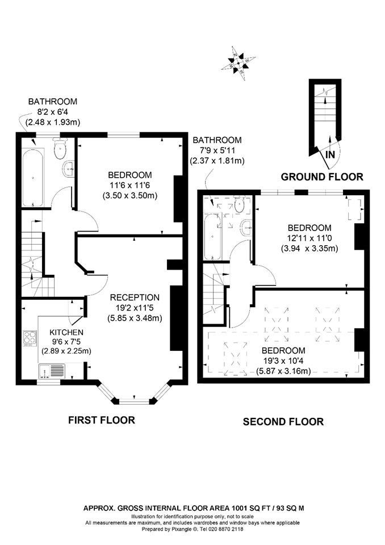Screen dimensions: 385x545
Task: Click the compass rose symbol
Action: [x=239, y=63]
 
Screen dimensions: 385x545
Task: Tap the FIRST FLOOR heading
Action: [x=101, y=420]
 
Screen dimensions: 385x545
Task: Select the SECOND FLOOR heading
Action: [x=283, y=422]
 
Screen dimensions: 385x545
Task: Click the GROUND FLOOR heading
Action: [x=322, y=177]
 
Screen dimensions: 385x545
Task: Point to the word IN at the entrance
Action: [x=330, y=154]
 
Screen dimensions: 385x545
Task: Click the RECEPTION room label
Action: [x=135, y=297]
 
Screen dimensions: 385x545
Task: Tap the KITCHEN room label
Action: [x=66, y=332]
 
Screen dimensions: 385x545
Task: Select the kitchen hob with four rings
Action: [x=30, y=338]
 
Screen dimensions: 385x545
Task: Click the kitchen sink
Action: [x=52, y=371]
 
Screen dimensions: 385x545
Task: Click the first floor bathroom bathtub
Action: [x=33, y=178]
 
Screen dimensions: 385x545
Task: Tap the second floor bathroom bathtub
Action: [x=212, y=237]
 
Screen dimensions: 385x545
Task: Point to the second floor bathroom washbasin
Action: [x=246, y=228]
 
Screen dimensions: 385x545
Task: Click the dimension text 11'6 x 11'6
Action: [x=130, y=185]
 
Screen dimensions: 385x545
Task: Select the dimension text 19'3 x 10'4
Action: [x=283, y=361]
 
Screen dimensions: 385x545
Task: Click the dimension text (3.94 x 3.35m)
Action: [x=309, y=249]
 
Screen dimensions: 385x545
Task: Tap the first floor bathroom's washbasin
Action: [x=69, y=169]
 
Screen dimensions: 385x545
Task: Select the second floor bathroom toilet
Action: [x=239, y=206]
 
